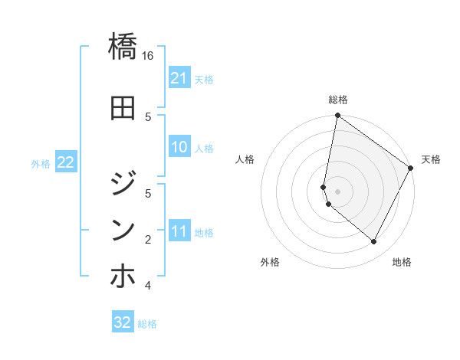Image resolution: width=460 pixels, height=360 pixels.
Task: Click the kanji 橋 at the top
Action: pos(123,47)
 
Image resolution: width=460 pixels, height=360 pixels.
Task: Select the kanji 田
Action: pos(123,108)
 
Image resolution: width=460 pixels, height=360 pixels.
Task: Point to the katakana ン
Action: pos(123,229)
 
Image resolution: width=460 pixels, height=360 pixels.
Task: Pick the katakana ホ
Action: pos(123,276)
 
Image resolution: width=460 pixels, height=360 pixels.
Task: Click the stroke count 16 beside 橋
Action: pos(148,56)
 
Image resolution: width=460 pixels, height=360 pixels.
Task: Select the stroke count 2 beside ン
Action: pos(148,240)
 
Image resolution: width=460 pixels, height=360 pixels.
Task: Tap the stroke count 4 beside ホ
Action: pos(148,286)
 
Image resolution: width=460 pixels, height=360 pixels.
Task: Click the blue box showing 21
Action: pos(179,77)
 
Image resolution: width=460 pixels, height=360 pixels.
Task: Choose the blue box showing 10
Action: pos(179,147)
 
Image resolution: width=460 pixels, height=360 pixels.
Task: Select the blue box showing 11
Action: pos(179,231)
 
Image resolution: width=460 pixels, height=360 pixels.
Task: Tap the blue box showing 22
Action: pos(66,162)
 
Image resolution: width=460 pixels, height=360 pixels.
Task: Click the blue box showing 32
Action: pos(123,322)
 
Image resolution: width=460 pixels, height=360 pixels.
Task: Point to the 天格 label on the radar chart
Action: pos(431,159)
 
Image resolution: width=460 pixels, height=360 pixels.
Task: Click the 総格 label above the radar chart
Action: pos(338,100)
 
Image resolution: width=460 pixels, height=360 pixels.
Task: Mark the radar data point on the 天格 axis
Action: pos(411,169)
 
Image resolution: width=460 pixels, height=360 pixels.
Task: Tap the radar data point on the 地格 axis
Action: pos(374,241)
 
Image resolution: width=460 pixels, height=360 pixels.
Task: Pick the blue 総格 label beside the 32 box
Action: pos(147,324)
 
